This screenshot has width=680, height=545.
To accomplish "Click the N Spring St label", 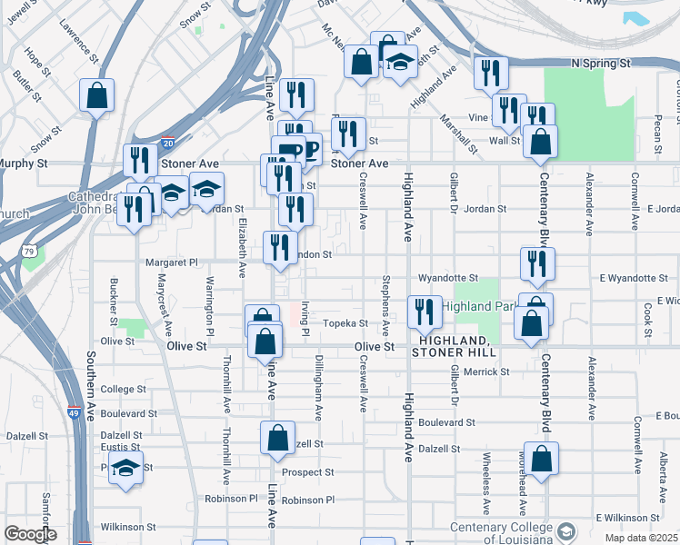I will point(601,64).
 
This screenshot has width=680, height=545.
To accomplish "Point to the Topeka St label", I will point(345,322).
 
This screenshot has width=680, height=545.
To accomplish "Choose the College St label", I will point(123,389).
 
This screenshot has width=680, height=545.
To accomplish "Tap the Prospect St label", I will point(308,472).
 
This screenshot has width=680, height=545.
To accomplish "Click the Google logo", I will point(30,534).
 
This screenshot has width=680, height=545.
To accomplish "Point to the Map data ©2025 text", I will point(640,538).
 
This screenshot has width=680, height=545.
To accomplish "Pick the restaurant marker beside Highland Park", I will point(425,312).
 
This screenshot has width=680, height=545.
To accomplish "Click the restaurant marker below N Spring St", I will point(491,74).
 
